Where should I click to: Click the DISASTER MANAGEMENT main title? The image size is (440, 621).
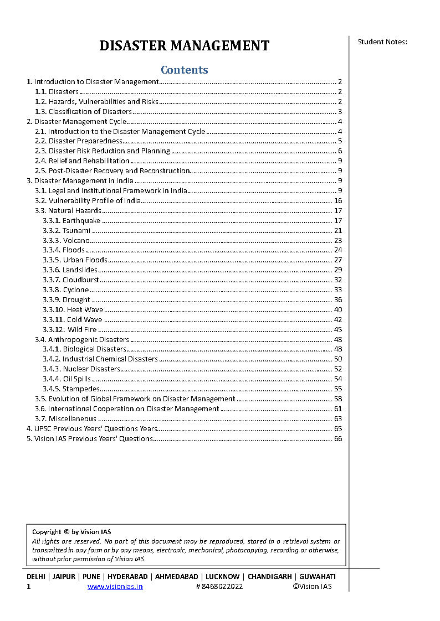[x=184, y=45]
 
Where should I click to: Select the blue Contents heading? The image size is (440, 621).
[x=184, y=70]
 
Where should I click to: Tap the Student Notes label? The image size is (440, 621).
[x=382, y=42]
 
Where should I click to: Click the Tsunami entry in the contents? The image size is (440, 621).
[x=76, y=230]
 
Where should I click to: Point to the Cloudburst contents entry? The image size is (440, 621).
[x=80, y=280]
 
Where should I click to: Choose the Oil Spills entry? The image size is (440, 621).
[x=76, y=379]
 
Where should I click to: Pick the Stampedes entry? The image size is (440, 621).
[x=80, y=389]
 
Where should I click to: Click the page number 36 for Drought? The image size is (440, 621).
[x=338, y=300]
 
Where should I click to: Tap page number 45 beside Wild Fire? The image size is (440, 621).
[x=338, y=330]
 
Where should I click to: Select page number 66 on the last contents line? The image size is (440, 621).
[x=338, y=439]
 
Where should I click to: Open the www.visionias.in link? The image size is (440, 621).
[x=115, y=587]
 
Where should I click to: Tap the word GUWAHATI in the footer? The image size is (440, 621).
[x=317, y=577]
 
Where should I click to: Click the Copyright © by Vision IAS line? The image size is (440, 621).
[x=71, y=532]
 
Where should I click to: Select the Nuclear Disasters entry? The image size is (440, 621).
[x=91, y=369]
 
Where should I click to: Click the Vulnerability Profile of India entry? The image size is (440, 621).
[x=94, y=201]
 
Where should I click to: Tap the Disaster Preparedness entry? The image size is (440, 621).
[x=85, y=141]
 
